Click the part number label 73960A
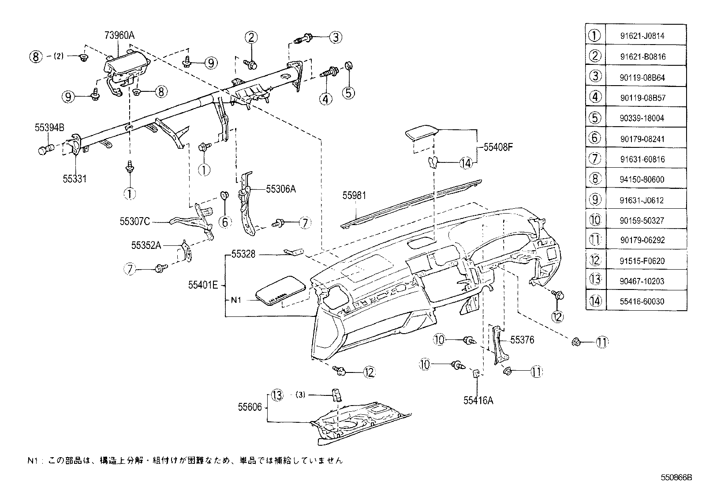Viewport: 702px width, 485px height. click(x=119, y=36)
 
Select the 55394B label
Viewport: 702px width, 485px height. click(x=50, y=128)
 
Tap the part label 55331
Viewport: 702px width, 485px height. click(x=74, y=179)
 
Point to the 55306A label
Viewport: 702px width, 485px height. click(x=280, y=189)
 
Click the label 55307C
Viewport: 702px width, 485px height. click(x=134, y=222)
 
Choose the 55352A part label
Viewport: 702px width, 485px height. click(x=146, y=245)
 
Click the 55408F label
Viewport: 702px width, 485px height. click(x=498, y=147)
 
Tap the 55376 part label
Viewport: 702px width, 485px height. click(x=522, y=340)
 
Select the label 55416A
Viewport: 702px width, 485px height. click(x=478, y=401)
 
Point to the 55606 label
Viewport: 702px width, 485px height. click(x=250, y=407)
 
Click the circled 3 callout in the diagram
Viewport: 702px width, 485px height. click(x=336, y=37)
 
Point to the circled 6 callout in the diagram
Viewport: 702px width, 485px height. click(x=225, y=221)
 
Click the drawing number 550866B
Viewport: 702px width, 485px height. click(x=676, y=477)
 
